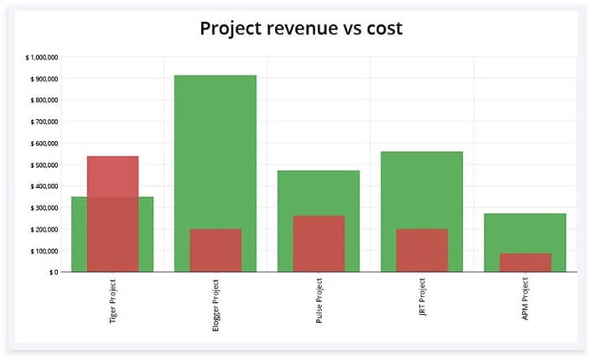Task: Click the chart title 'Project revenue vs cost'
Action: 301,29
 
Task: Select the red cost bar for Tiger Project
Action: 112,213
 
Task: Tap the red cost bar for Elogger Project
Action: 216,250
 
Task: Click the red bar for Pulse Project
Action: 319,243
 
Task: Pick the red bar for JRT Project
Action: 422,250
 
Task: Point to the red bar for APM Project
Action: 525,263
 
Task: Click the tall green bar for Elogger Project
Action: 216,151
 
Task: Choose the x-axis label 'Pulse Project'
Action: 319,303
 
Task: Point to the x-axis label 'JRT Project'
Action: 423,300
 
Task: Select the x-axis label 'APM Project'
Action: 526,300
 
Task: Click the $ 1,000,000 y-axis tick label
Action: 42,58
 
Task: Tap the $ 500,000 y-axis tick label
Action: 44,165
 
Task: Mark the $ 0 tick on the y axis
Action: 53,272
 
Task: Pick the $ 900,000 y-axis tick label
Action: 44,79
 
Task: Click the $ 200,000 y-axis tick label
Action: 44,229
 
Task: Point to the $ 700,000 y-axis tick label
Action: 44,122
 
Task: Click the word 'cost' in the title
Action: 383,29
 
